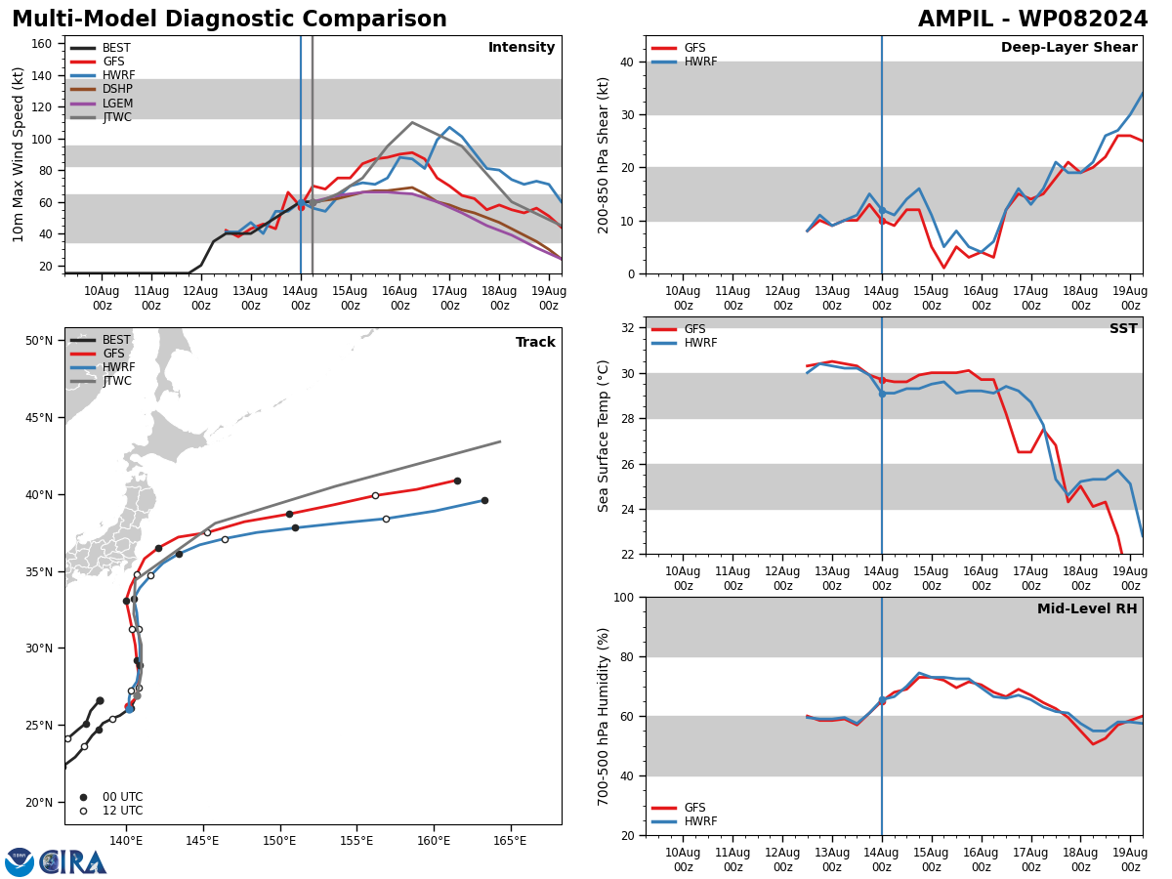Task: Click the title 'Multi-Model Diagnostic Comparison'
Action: point(230,20)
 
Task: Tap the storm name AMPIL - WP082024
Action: point(1032,20)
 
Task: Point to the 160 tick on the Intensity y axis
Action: point(41,44)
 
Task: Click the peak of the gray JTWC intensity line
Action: point(412,122)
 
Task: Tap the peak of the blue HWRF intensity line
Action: point(449,127)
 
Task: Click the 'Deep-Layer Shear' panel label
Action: point(1068,47)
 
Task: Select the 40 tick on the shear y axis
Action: point(627,62)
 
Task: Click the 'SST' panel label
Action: point(1123,328)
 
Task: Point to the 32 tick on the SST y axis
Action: point(627,328)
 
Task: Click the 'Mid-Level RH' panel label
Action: point(1087,608)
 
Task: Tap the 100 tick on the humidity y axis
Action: point(623,598)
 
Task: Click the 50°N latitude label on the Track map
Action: point(39,341)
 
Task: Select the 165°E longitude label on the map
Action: point(510,841)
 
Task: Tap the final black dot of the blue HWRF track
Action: point(484,501)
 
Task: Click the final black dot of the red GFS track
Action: point(458,481)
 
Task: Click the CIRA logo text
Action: point(72,862)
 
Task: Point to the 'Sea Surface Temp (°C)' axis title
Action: point(604,436)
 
